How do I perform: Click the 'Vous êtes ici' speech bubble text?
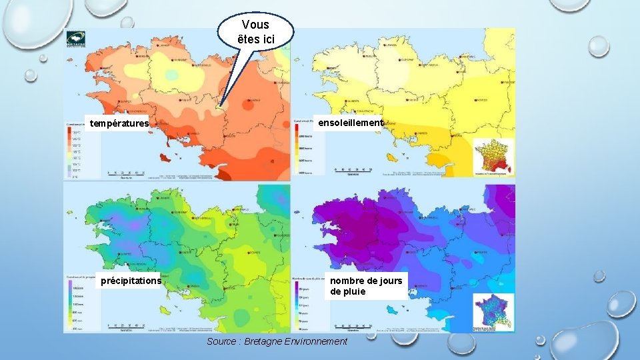point(256,31)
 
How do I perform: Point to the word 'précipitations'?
point(131,281)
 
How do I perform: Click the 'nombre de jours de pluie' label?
point(366,286)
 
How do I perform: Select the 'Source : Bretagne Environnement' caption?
point(277,341)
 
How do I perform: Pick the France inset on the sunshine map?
point(493,157)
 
